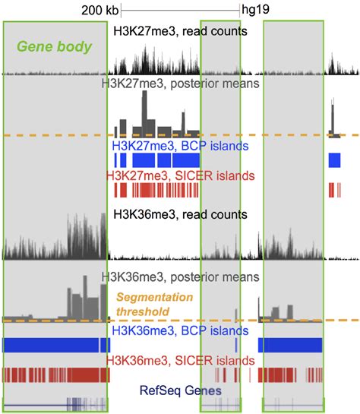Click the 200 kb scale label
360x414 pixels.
click(x=100, y=11)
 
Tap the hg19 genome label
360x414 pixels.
click(x=254, y=11)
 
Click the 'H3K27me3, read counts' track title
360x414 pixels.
click(x=180, y=31)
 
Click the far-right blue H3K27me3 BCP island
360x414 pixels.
click(x=335, y=160)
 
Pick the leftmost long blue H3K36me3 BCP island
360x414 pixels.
click(x=52, y=345)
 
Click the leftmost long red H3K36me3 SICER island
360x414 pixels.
click(x=52, y=374)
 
